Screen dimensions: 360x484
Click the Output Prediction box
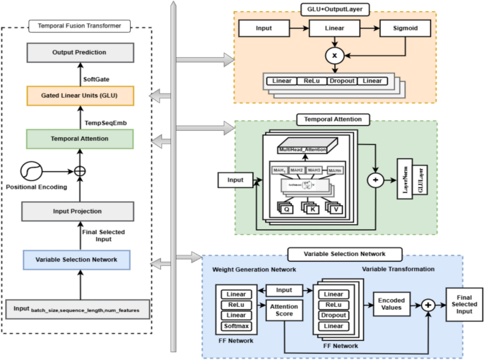pyautogui.click(x=79, y=53)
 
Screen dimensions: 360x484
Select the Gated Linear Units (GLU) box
pyautogui.click(x=79, y=95)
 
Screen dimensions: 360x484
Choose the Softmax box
pyautogui.click(x=237, y=326)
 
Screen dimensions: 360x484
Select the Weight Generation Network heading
pyautogui.click(x=255, y=269)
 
